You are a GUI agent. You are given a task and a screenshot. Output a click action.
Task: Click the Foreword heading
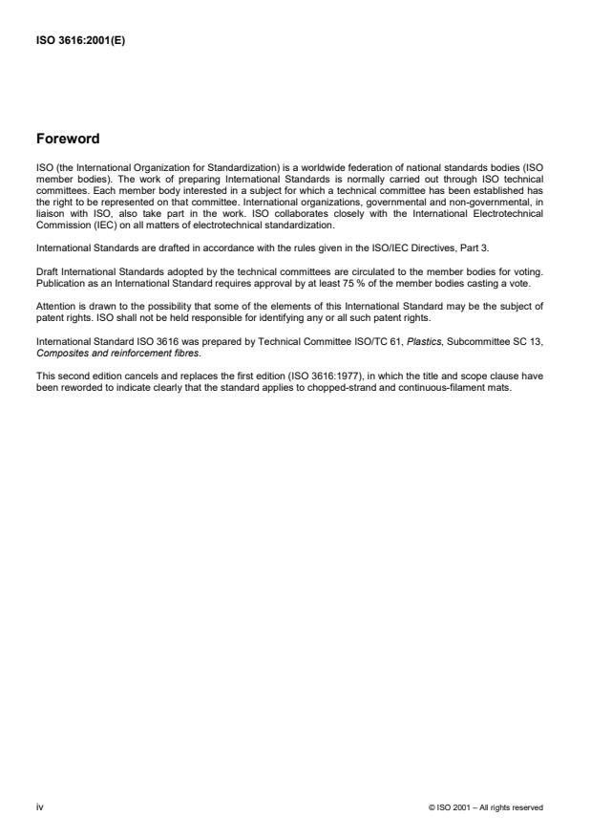[67, 139]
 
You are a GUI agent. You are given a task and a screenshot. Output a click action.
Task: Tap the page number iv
[39, 807]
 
